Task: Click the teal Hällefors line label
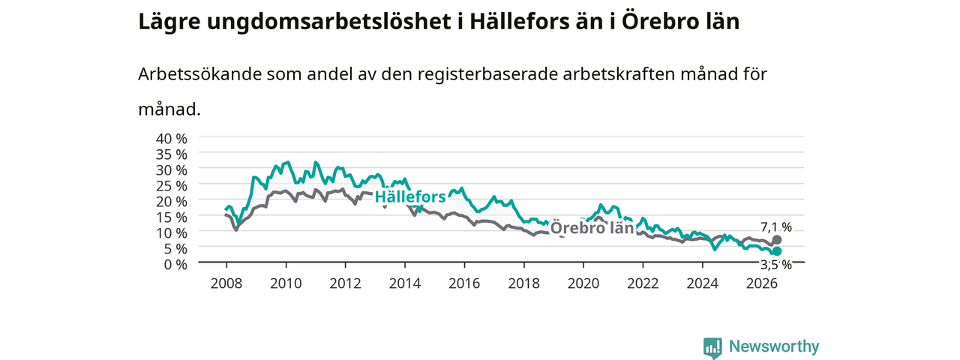point(410,196)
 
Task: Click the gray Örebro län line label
point(592,228)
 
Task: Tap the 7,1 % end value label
point(776,226)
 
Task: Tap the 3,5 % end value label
point(776,265)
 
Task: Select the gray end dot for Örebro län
point(776,239)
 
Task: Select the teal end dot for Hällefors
point(776,251)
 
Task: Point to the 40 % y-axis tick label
point(172,139)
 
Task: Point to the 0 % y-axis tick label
point(175,265)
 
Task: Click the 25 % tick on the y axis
point(172,185)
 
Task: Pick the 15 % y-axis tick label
point(172,217)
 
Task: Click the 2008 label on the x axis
point(226,283)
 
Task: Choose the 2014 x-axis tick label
point(405,283)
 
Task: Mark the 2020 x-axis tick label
point(583,283)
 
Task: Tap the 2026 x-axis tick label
point(762,283)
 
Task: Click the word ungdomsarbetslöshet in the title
point(329,22)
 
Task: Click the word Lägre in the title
point(169,22)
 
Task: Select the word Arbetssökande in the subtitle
point(199,74)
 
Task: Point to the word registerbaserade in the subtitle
point(487,75)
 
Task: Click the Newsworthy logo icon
point(712,346)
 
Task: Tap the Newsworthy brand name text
point(774,346)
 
